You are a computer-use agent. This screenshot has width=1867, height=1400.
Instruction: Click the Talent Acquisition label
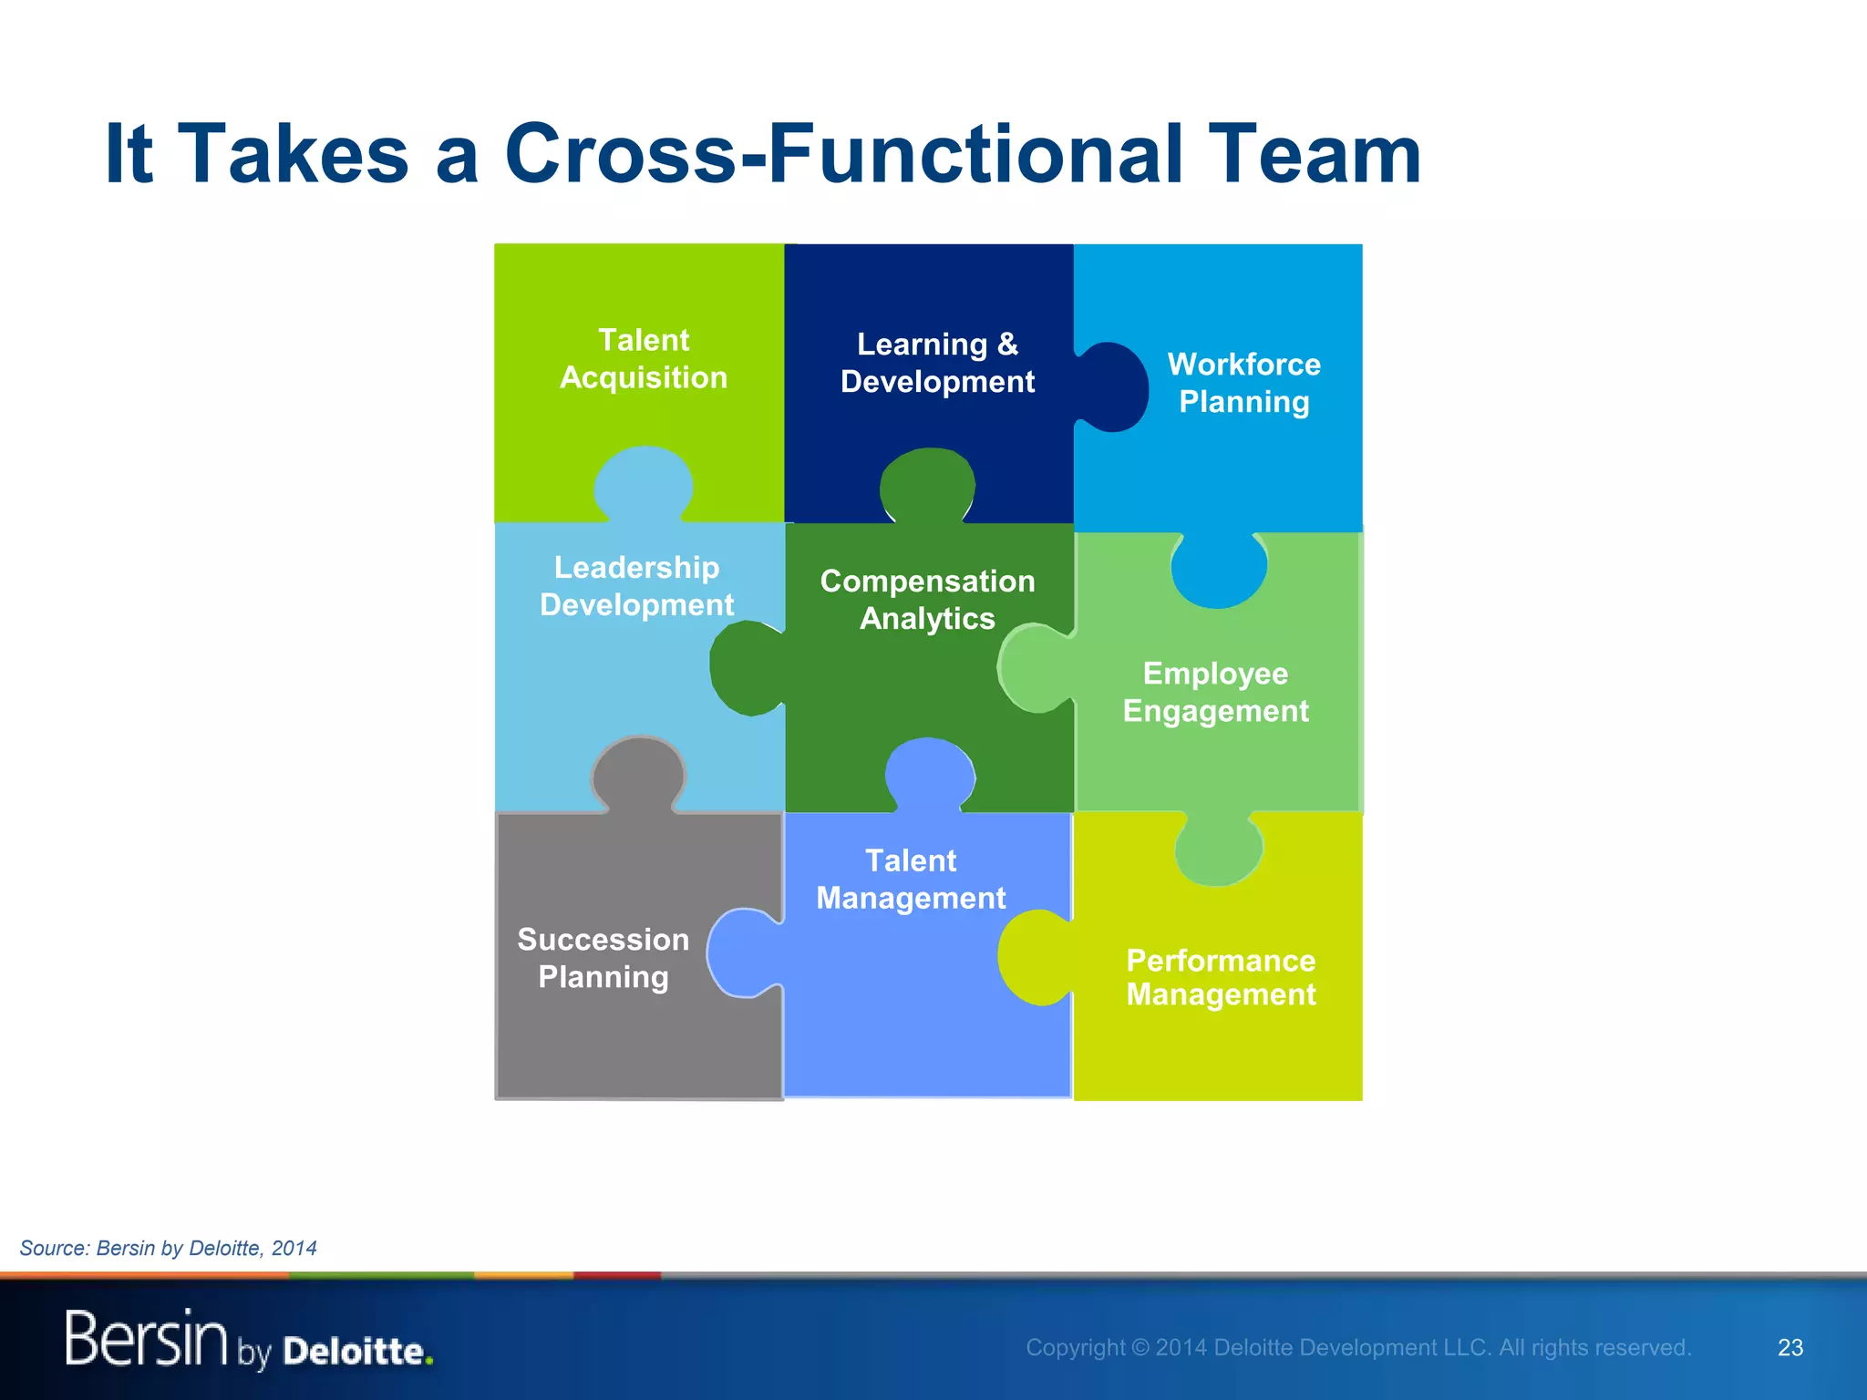(x=644, y=358)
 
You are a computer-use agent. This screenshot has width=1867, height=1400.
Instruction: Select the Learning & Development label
(x=937, y=363)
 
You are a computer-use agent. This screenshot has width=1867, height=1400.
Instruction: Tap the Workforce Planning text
(x=1243, y=383)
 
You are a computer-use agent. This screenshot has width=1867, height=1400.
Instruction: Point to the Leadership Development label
(x=636, y=586)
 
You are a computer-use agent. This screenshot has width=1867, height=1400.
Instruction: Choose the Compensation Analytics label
(x=927, y=600)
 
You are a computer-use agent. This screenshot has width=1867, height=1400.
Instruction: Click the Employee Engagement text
(x=1215, y=692)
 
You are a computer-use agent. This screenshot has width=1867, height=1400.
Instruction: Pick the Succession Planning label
(x=603, y=958)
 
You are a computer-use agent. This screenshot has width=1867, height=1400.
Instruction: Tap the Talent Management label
(x=911, y=880)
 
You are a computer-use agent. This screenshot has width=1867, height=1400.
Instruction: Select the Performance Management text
(x=1221, y=977)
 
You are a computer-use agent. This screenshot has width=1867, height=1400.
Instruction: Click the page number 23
(x=1790, y=1347)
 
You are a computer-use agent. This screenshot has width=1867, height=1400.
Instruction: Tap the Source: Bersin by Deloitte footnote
(x=169, y=1248)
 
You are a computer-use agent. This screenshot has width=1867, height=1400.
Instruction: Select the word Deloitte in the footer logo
(x=356, y=1351)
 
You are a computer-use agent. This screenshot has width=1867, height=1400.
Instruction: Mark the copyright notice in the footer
(x=1357, y=1347)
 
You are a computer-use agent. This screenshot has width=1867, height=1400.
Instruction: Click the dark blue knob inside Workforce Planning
(x=1114, y=387)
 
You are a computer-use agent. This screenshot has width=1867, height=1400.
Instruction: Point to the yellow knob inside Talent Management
(x=1035, y=957)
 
